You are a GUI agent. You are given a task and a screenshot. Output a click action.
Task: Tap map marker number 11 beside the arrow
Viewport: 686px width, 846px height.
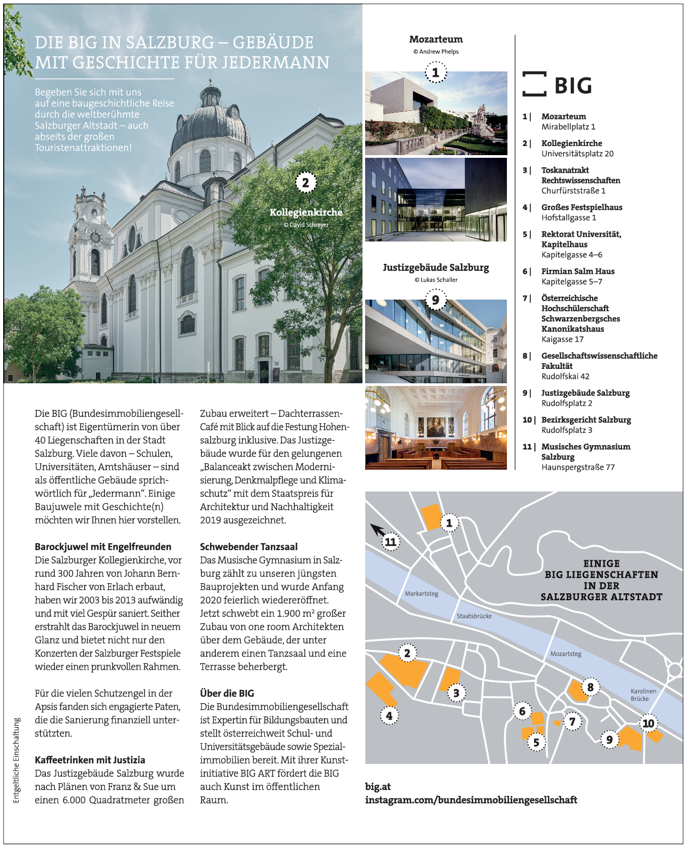click(391, 542)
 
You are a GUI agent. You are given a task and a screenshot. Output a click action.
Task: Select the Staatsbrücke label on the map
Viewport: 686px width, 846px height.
click(474, 616)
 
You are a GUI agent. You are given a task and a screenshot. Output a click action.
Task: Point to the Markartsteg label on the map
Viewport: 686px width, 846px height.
click(421, 593)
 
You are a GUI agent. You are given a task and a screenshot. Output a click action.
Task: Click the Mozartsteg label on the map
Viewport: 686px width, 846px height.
click(566, 654)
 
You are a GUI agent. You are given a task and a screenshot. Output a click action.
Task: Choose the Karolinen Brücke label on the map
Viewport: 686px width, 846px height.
click(643, 695)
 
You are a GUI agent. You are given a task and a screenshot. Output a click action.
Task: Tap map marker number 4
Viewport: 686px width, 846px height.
click(389, 715)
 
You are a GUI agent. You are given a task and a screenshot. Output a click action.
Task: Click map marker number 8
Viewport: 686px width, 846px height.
click(590, 687)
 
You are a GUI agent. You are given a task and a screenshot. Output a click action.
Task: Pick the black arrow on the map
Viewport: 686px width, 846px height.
click(377, 529)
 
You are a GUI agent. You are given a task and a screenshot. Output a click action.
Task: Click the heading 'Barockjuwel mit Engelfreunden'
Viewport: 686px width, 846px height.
click(103, 546)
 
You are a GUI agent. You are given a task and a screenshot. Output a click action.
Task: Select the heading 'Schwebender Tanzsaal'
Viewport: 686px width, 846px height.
click(248, 546)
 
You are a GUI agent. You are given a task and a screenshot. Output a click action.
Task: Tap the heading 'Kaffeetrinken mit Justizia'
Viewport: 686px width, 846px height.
click(90, 760)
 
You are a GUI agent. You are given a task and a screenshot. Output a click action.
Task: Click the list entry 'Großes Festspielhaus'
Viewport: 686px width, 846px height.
click(582, 207)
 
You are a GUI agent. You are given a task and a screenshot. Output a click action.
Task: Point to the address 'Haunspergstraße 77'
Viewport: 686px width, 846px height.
click(578, 467)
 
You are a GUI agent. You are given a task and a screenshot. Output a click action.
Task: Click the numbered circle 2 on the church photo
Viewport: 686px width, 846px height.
click(305, 183)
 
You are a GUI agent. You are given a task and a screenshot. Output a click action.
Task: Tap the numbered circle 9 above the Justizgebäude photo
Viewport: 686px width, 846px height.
click(435, 300)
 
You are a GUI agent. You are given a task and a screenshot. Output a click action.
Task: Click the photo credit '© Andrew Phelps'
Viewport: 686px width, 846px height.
click(435, 52)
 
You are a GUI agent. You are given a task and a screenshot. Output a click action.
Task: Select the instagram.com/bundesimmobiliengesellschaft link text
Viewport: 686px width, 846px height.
click(471, 800)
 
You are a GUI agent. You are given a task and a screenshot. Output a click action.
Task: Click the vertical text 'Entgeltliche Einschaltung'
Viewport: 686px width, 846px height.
click(17, 760)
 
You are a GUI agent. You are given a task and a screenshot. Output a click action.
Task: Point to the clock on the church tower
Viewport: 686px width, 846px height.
click(95, 237)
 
